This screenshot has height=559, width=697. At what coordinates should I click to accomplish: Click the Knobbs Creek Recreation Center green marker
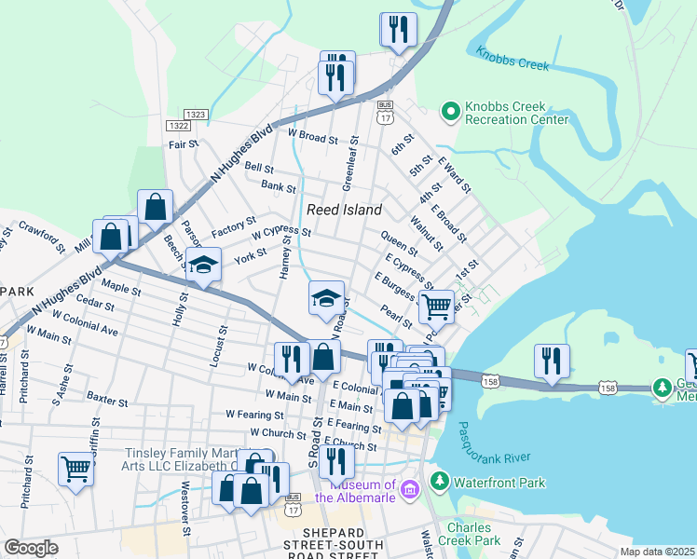pyautogui.click(x=451, y=113)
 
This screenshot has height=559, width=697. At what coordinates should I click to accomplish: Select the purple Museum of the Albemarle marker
pyautogui.click(x=408, y=489)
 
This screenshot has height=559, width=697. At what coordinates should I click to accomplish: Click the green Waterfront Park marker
pyautogui.click(x=439, y=483)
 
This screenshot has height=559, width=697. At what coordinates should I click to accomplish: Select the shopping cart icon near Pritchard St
pyautogui.click(x=75, y=470)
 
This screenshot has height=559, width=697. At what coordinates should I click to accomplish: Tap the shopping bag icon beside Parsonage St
pyautogui.click(x=156, y=207)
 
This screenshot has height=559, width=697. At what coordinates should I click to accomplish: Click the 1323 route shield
pyautogui.click(x=195, y=114)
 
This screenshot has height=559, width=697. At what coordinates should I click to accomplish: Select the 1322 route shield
pyautogui.click(x=178, y=125)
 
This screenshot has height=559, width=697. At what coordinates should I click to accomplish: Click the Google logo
pyautogui.click(x=31, y=548)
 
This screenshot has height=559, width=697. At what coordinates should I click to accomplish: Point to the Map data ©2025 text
pyautogui.click(x=657, y=552)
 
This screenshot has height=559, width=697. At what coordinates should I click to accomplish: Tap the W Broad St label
pyautogui.click(x=312, y=137)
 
